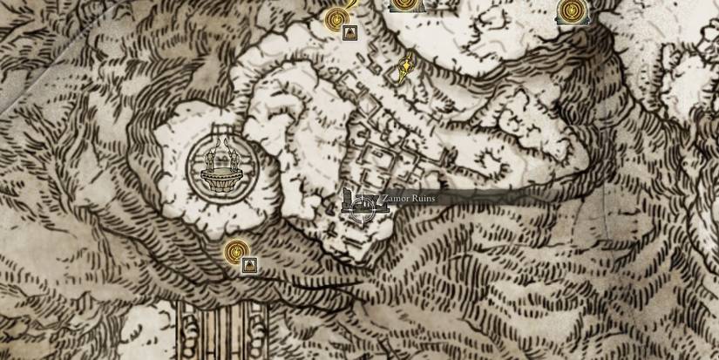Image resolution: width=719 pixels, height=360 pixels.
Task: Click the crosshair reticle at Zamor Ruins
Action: point(361,207)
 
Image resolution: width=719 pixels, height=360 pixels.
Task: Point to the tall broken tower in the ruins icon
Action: point(348,197)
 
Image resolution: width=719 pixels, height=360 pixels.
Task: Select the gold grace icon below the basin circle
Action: point(234,252)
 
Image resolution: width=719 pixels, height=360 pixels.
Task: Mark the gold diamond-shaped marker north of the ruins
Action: point(405,67)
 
